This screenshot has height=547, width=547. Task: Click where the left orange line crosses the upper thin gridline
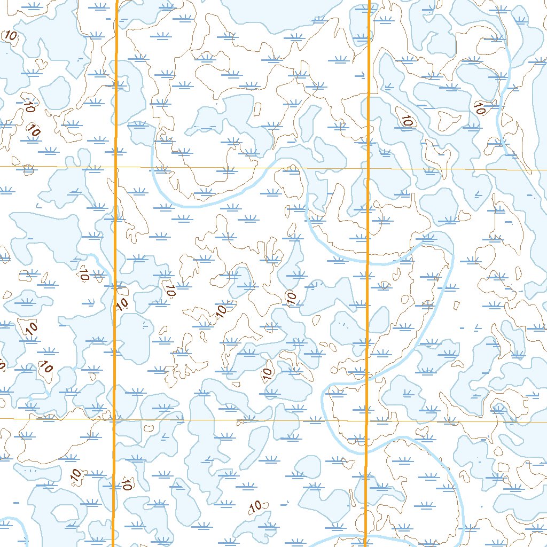pyautogui.click(x=116, y=167)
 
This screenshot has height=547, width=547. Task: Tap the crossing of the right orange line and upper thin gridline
pyautogui.click(x=369, y=168)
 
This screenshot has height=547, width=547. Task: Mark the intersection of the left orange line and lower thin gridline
pyautogui.click(x=114, y=419)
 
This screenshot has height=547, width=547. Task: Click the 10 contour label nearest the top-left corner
pyautogui.click(x=10, y=36)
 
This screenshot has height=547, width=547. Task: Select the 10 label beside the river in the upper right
pyautogui.click(x=479, y=109)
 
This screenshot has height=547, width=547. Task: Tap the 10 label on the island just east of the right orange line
pyautogui.click(x=407, y=121)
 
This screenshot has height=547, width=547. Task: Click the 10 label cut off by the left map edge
pyautogui.click(x=2, y=365)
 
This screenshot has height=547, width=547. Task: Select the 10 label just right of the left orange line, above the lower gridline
pyautogui.click(x=122, y=304)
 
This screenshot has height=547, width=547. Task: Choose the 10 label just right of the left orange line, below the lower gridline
pyautogui.click(x=127, y=485)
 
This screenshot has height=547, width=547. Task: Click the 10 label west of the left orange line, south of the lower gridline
pyautogui.click(x=75, y=473)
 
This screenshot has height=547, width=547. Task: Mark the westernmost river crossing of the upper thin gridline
pyautogui.click(x=152, y=167)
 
